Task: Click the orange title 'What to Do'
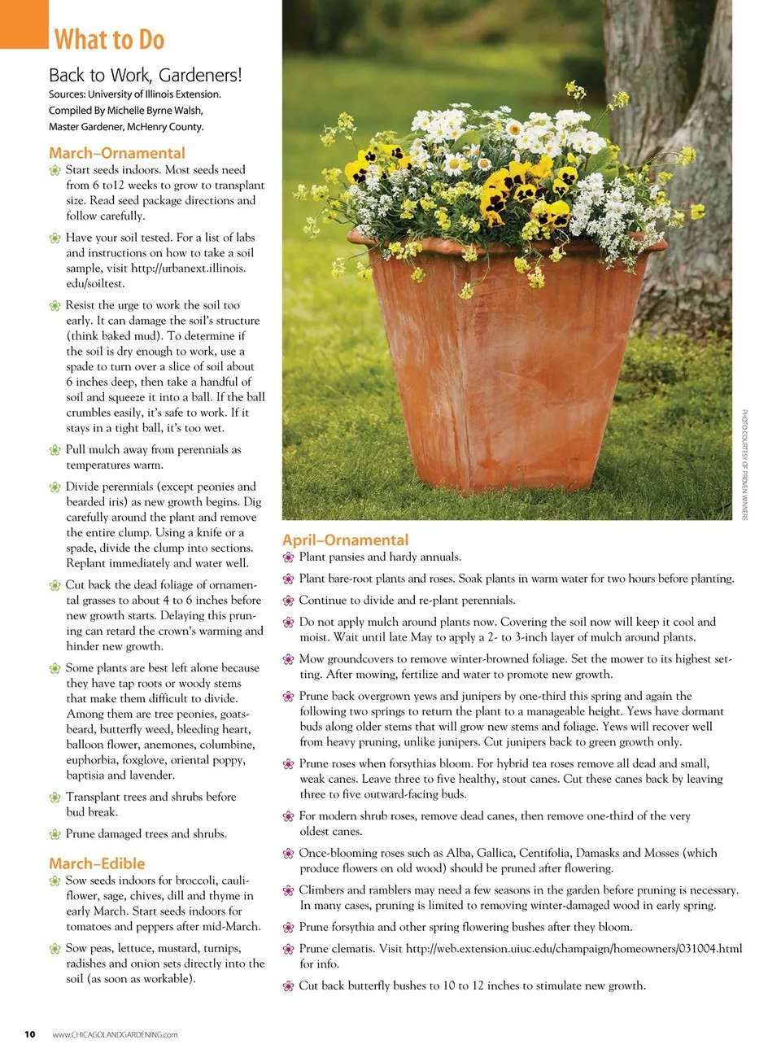109,39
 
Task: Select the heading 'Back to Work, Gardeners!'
145,76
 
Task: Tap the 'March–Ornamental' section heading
116,153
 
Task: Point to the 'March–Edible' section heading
97,863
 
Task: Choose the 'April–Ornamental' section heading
345,540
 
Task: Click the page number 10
30,1034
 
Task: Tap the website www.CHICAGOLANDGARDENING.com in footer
115,1035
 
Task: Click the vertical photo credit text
744,465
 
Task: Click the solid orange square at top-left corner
24,24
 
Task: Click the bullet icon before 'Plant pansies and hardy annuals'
288,557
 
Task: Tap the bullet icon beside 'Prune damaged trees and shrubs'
55,834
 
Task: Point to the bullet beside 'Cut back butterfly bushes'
288,986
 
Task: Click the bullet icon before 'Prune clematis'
288,949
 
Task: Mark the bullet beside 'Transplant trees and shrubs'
55,798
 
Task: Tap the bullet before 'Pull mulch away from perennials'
55,450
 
